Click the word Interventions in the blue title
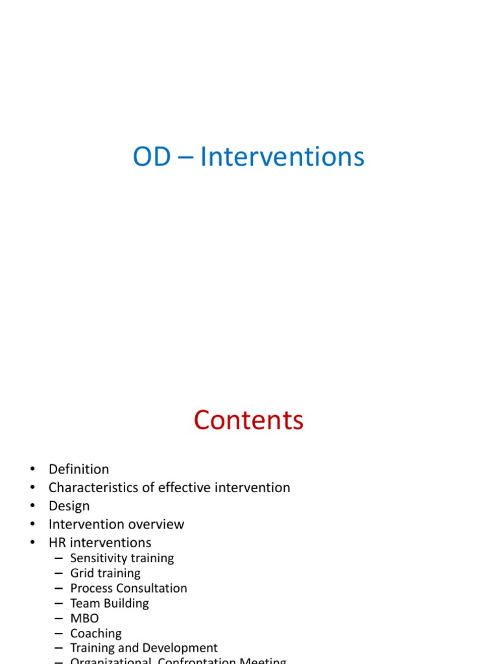[282, 158]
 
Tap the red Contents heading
[248, 420]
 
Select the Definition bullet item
[78, 469]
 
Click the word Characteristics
[89, 487]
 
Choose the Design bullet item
[69, 506]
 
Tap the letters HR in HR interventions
[58, 542]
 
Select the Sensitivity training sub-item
[122, 558]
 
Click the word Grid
[82, 573]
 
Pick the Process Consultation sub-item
[128, 588]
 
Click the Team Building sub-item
[109, 603]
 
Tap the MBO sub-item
[84, 619]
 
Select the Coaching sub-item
[96, 634]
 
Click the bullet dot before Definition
[32, 469]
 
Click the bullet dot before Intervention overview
[32, 525]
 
